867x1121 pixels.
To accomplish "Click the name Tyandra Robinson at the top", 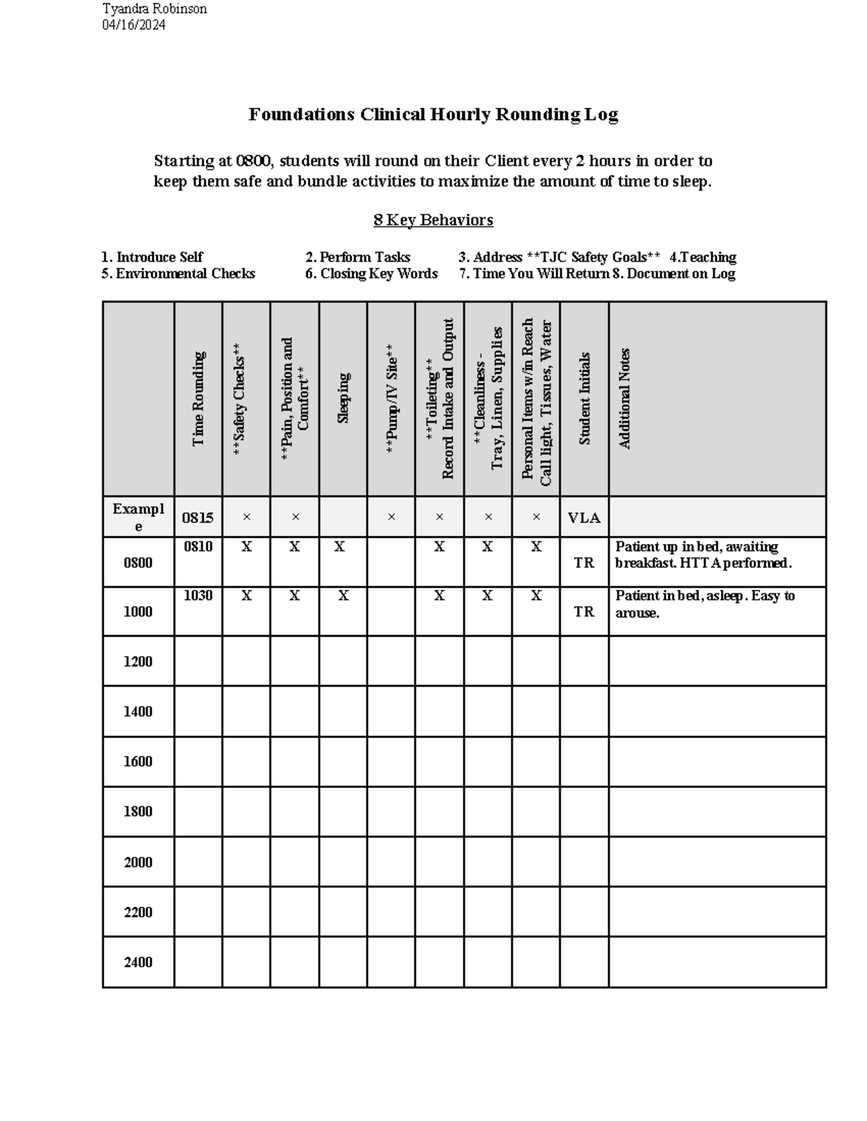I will click(155, 9).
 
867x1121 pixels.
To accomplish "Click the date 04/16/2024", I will click(134, 25).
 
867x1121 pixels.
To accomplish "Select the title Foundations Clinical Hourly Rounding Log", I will click(433, 115).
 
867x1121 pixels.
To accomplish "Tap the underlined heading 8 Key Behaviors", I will click(433, 220).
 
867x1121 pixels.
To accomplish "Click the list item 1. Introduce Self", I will click(152, 257).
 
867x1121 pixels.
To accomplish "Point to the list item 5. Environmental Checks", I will click(178, 274).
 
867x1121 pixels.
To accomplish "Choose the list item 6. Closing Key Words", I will click(371, 274).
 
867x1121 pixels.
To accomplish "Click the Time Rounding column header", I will click(198, 398).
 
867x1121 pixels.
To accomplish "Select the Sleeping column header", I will click(343, 398).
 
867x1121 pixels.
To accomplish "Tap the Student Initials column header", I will click(585, 398).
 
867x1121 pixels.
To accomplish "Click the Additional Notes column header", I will click(625, 398).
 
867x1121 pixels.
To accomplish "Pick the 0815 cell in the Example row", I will click(197, 518).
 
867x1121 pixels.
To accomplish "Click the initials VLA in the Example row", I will click(584, 518).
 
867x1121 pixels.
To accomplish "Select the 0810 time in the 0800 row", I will click(198, 547).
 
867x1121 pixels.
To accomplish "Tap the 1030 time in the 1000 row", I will click(198, 596).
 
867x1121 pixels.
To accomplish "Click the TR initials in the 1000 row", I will click(584, 611).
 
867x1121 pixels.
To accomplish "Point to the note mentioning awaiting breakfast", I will click(703, 555).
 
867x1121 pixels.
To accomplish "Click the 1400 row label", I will click(138, 712).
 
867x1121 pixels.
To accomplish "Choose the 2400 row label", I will click(138, 962).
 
